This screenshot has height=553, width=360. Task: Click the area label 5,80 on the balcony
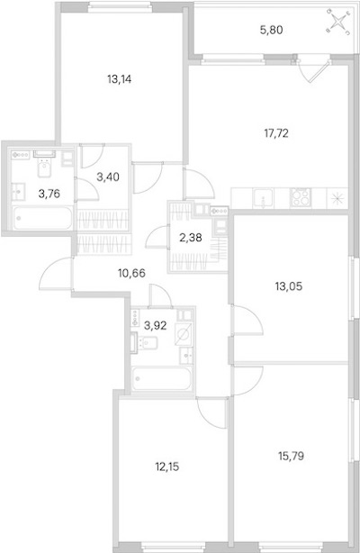tap(272, 31)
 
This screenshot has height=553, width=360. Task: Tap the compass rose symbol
tap(338, 22)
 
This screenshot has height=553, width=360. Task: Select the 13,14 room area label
tap(120, 79)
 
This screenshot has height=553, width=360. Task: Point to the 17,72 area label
tap(276, 133)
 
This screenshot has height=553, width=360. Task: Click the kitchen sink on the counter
tap(263, 198)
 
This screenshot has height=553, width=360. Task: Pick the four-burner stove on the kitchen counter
tap(301, 197)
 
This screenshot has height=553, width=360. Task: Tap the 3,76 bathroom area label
tap(49, 194)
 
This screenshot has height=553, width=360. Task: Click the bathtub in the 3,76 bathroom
tap(42, 218)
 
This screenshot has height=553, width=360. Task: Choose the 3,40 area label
tap(108, 177)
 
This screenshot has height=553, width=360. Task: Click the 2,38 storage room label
tap(191, 238)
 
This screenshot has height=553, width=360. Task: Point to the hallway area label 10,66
tap(132, 273)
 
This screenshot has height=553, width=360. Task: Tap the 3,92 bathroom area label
tap(156, 325)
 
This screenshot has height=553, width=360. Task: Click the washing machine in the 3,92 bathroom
tap(184, 333)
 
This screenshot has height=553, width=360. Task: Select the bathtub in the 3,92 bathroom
tap(162, 378)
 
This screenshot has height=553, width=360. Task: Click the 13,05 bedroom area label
tap(289, 286)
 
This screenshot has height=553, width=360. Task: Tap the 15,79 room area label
tap(291, 456)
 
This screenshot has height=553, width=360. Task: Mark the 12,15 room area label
tap(167, 467)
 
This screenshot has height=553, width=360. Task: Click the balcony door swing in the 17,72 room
tap(315, 71)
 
